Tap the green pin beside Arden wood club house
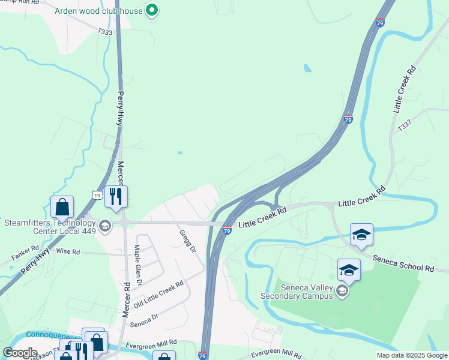tap(152, 10)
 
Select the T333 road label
tap(105, 32)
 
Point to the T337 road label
tap(405, 126)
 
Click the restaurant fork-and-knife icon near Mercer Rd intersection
tap(116, 196)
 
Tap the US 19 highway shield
tap(97, 194)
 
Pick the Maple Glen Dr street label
tap(139, 265)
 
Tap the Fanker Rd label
tap(26, 252)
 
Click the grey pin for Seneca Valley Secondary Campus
tap(342, 292)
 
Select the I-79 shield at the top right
tap(380, 23)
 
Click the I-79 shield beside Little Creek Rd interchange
tap(227, 230)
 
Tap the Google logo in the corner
tap(20, 353)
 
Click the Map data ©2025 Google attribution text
tap(411, 355)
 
